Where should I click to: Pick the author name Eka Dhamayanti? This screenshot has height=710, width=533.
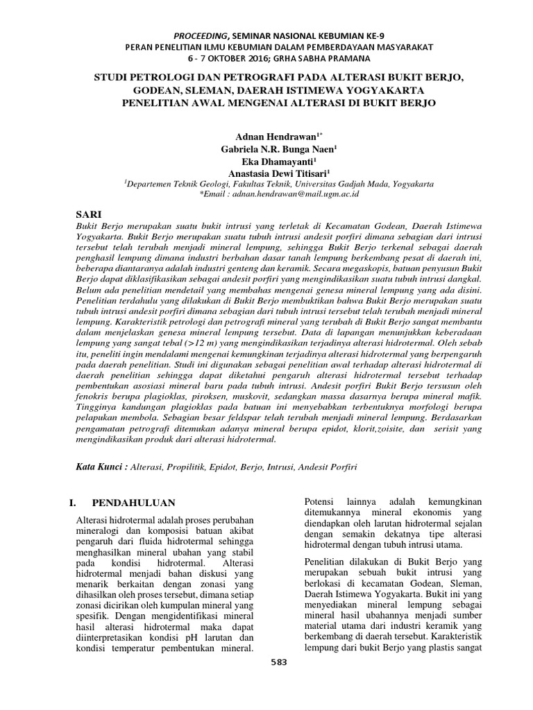[x=266, y=162]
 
